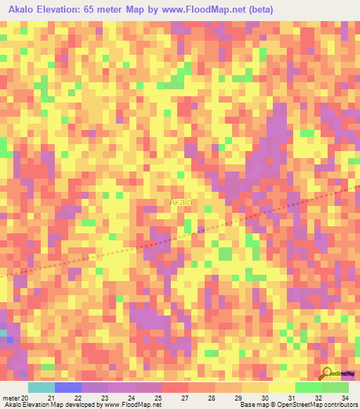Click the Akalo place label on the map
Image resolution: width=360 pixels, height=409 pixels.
181,202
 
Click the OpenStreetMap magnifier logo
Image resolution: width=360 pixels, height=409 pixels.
327,372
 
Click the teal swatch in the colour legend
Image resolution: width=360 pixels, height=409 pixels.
41,387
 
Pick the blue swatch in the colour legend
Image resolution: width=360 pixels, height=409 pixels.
67,387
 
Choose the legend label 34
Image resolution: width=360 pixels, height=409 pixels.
345,398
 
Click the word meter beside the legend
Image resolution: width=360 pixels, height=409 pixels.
11,398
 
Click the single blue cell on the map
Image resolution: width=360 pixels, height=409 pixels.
10,339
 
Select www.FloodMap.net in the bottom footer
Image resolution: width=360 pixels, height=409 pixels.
132,405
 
